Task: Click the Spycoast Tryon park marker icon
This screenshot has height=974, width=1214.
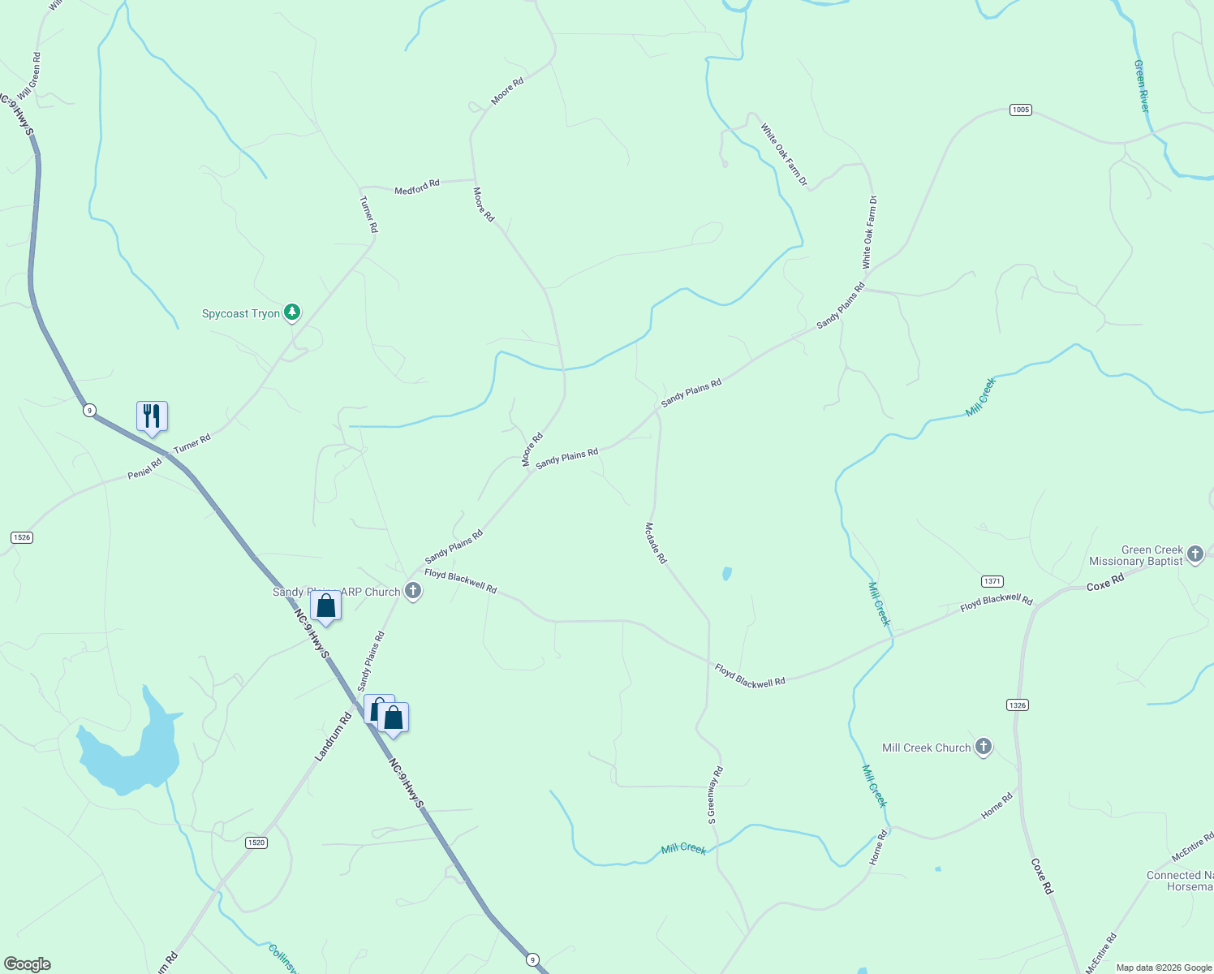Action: coord(292,312)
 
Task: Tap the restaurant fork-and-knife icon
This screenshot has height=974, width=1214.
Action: coord(152,416)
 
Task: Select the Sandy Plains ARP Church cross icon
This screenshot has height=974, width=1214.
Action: coord(413,592)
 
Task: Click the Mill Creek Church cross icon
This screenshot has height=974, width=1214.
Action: coord(984,747)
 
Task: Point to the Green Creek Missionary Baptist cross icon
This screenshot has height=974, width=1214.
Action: coord(1195,554)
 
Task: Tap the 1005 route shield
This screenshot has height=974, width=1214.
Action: coord(1021,110)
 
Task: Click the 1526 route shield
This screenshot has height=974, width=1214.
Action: coord(22,537)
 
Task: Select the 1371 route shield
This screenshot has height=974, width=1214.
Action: coord(992,581)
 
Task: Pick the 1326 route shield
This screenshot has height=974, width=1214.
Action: coord(1018,705)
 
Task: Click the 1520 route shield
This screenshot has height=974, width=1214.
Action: coord(256,843)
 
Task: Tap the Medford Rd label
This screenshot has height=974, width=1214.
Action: coord(417,187)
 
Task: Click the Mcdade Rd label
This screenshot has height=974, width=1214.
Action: coord(656,543)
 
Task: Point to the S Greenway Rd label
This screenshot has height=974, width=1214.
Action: coord(714,795)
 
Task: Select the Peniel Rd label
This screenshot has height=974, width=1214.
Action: coord(145,469)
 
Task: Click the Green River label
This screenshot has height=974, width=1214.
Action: coord(1142,86)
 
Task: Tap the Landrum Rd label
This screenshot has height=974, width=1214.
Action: coord(334,736)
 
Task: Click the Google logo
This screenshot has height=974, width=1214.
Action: coord(27,964)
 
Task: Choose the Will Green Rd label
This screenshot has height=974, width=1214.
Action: coord(29,77)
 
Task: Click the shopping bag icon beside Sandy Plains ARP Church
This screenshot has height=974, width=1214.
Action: coord(325,606)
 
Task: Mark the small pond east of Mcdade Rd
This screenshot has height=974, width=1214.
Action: coord(726,574)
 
